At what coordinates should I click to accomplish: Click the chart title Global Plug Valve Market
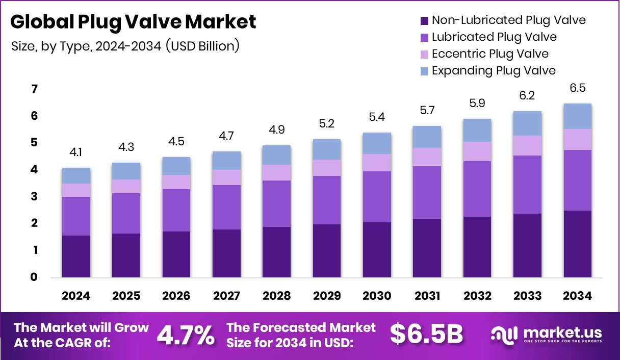133,22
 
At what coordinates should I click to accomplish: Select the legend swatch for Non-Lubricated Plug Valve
424,21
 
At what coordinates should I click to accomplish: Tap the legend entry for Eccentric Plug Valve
489,54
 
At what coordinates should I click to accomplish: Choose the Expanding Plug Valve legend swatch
424,71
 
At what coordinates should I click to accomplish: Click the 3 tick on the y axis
34,197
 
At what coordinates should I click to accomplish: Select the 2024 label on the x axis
76,296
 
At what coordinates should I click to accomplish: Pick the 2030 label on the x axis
377,296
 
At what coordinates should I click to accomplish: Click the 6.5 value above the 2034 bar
577,88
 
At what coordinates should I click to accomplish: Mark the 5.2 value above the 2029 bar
327,123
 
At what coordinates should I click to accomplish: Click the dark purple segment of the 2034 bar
577,244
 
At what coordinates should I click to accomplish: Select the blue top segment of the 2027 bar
226,161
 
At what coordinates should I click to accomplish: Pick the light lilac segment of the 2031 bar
427,157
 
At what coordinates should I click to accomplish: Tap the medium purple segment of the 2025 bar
126,213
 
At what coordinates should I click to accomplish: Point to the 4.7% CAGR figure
185,335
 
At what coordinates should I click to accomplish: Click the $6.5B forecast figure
426,335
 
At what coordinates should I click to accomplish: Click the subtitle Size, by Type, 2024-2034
125,46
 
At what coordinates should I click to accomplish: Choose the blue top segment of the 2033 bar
527,123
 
